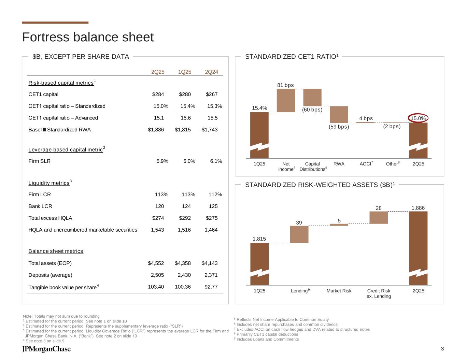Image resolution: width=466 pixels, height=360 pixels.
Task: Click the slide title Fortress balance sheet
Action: (88, 37)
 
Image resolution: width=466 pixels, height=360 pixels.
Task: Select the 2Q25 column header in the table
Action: (158, 72)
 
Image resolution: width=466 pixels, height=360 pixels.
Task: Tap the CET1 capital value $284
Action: (158, 95)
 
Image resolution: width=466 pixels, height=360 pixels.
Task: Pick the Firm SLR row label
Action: (40, 161)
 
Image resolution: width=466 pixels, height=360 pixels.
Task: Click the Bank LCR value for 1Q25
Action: (185, 206)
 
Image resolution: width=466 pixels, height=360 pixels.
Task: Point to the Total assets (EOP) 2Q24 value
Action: (209, 263)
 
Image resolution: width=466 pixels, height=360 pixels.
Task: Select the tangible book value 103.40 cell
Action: (156, 287)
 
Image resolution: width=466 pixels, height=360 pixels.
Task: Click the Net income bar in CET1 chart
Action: (286, 100)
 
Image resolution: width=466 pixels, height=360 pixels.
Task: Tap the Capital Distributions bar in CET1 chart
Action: (312, 97)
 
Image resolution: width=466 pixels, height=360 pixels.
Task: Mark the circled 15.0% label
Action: (418, 118)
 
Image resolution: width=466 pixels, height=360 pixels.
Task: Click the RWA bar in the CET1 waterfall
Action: (339, 114)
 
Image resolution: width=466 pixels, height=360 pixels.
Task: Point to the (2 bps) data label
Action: (392, 127)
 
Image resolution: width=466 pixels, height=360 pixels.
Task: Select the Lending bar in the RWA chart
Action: (299, 234)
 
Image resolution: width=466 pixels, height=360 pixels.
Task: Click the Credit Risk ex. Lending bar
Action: (379, 217)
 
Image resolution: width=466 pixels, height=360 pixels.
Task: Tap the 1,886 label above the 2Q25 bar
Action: (418, 208)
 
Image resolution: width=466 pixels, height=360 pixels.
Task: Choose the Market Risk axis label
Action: (339, 291)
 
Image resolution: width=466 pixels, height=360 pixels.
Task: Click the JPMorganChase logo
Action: (46, 349)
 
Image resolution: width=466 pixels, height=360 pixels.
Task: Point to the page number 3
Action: (442, 348)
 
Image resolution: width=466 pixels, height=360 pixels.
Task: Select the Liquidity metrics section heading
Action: (49, 183)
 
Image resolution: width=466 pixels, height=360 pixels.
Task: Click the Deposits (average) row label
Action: (51, 275)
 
